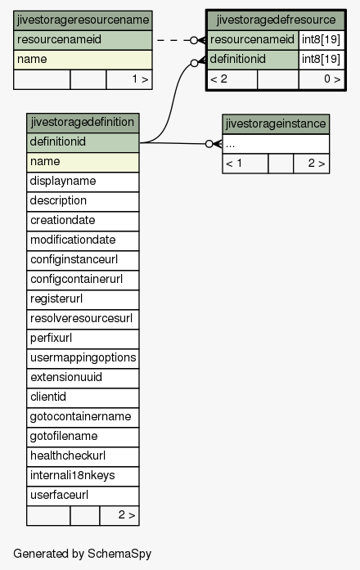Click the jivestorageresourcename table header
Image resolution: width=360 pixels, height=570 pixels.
coord(83,20)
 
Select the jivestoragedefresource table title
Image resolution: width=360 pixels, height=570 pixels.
coord(276,20)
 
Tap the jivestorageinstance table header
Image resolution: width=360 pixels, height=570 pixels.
coord(276,124)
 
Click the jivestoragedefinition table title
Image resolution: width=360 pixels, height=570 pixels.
coord(83,123)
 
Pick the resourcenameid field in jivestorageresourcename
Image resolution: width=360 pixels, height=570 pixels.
coord(83,40)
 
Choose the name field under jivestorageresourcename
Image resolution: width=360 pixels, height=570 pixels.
coord(83,60)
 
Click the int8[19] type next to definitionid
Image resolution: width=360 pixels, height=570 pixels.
coord(321,60)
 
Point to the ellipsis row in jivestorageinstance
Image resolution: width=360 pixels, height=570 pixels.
coord(276,144)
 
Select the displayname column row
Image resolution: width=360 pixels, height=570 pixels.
coord(83,182)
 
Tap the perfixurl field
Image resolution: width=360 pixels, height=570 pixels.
coord(83,339)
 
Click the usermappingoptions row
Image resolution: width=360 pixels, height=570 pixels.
coord(83,358)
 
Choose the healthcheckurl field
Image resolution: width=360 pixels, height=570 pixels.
coord(83,456)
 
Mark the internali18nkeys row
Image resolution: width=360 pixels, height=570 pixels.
coord(83,476)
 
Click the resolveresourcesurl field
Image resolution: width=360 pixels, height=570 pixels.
coord(83,319)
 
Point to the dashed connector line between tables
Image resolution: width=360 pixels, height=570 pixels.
coord(173,40)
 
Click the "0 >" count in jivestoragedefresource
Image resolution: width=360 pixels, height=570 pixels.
coord(332,79)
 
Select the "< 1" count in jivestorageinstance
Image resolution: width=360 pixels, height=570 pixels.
coord(234,164)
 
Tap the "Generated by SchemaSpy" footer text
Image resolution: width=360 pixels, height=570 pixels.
coord(82,554)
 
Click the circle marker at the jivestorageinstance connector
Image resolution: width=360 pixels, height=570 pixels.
coord(209,144)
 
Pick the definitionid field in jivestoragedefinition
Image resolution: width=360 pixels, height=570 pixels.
coord(83,142)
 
